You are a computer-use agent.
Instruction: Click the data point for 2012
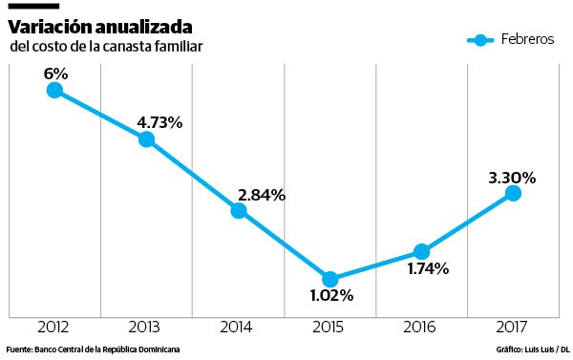point(54,90)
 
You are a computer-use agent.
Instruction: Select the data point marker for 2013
point(146,139)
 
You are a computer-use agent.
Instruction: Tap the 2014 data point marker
point(239,211)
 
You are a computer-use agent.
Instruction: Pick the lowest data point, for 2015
point(330,279)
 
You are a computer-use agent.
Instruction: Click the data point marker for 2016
point(421,251)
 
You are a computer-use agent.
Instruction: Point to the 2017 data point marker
point(513,193)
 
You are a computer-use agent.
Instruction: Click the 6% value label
point(54,72)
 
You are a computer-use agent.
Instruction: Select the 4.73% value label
point(159,122)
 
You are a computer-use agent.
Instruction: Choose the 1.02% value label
point(330,296)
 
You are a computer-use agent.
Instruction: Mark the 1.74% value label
point(428,269)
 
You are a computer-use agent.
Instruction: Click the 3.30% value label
point(512,177)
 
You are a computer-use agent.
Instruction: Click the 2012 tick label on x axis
point(53,327)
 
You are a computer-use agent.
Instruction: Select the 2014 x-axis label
point(239,327)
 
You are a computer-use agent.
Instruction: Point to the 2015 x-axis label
point(330,327)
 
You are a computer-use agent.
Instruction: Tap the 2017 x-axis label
point(513,327)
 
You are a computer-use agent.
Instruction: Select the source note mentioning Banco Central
point(93,349)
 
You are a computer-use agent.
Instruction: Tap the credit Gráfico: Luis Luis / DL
point(533,349)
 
